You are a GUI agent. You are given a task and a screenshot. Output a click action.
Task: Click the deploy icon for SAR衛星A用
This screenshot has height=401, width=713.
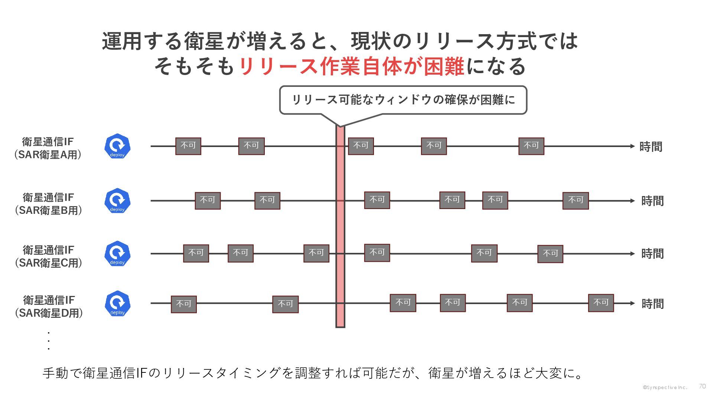pyautogui.click(x=117, y=146)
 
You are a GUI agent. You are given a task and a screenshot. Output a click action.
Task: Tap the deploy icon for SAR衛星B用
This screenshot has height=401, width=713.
pyautogui.click(x=117, y=200)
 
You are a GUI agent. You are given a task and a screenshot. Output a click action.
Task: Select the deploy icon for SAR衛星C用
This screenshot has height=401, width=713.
pyautogui.click(x=117, y=254)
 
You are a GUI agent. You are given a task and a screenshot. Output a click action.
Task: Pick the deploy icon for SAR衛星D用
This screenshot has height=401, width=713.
pyautogui.click(x=117, y=303)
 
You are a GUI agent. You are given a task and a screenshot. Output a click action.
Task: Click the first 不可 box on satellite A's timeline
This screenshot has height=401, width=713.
pyautogui.click(x=188, y=146)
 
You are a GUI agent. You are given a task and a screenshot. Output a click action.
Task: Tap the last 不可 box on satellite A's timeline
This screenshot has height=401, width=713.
pyautogui.click(x=531, y=146)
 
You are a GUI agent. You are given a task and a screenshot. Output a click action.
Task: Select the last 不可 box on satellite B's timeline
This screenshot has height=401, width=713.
pyautogui.click(x=575, y=200)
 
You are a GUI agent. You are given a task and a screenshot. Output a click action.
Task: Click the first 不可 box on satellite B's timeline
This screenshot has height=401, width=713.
pyautogui.click(x=208, y=200)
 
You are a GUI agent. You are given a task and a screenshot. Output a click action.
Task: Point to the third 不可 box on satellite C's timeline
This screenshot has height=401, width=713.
pyautogui.click(x=316, y=253)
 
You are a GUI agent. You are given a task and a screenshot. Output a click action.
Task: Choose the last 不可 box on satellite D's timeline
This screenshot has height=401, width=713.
pyautogui.click(x=601, y=303)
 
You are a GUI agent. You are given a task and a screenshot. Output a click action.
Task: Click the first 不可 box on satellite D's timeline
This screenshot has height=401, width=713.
pyautogui.click(x=183, y=304)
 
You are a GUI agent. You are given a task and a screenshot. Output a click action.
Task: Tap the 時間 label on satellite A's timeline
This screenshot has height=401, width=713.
pyautogui.click(x=651, y=147)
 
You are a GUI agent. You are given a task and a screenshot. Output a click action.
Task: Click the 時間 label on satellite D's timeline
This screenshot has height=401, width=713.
pyautogui.click(x=652, y=304)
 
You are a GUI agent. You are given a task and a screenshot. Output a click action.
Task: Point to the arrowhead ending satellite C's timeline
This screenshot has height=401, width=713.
pyautogui.click(x=632, y=254)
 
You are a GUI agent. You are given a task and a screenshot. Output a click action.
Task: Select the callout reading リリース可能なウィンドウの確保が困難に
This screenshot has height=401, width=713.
pyautogui.click(x=403, y=100)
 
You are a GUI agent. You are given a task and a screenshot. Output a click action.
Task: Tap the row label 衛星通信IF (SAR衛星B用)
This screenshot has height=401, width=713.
pyautogui.click(x=48, y=204)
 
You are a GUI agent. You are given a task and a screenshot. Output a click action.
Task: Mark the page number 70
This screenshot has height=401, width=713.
pyautogui.click(x=702, y=387)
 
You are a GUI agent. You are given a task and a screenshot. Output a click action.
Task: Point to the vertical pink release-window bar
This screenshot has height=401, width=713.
pyautogui.click(x=340, y=226)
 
